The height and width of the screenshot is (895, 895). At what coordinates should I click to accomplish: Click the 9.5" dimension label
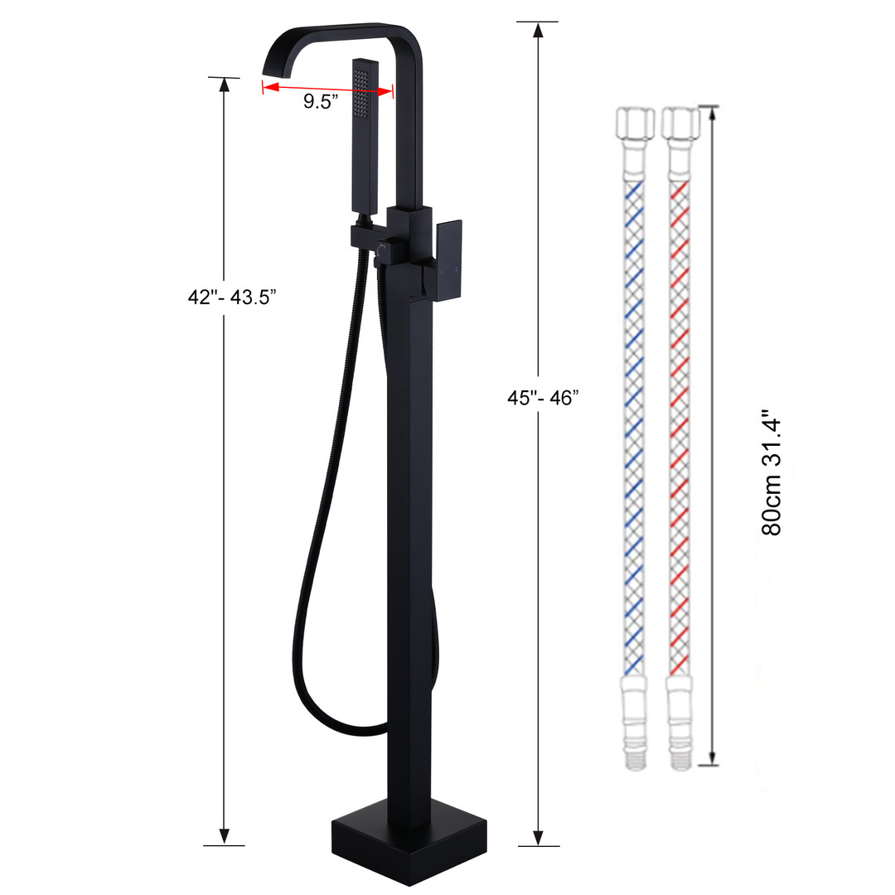click(320, 102)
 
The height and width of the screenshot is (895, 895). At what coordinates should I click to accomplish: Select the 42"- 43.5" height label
click(232, 297)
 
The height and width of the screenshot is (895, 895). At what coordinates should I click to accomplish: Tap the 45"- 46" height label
click(543, 398)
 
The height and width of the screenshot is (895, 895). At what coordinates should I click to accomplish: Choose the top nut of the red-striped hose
click(680, 122)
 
